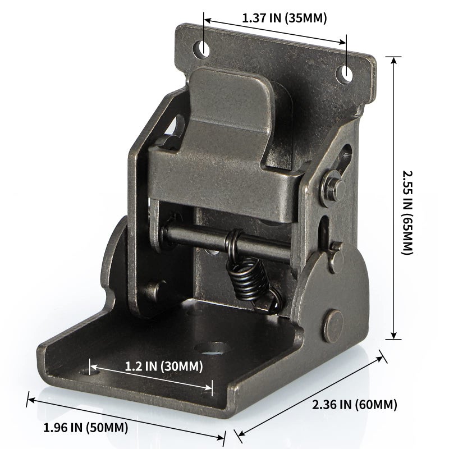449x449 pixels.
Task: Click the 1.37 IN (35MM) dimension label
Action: coord(284,17)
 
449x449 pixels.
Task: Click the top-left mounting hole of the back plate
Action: coord(202,48)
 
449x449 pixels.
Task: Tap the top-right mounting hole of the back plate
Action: coord(346,73)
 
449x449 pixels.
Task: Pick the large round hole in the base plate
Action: coord(214,349)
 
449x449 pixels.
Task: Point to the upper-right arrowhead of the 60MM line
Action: coord(381,356)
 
